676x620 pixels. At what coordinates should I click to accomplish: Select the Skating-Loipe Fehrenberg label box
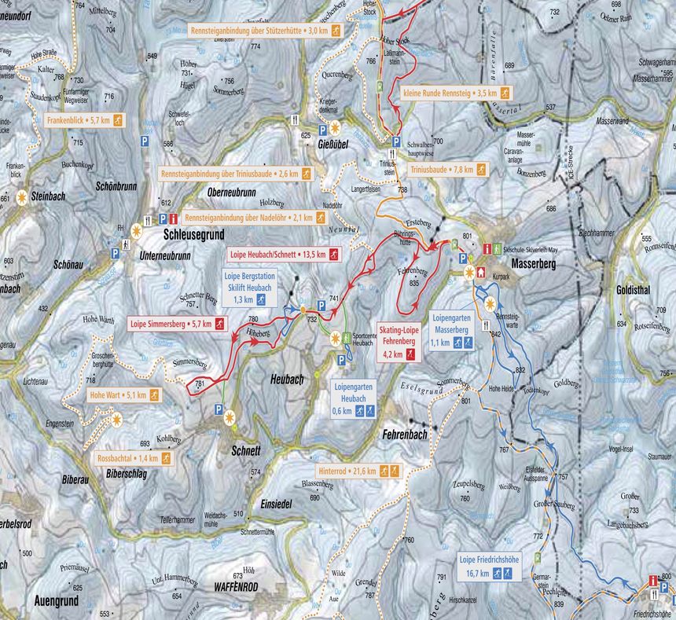tap(399, 342)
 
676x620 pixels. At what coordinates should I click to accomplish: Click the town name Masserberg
tap(533, 265)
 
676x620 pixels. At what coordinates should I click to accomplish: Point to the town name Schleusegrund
tap(194, 234)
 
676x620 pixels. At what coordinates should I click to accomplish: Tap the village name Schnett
tap(246, 451)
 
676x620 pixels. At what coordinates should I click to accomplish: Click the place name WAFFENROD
tap(236, 586)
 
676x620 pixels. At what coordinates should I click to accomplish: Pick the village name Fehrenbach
tap(406, 434)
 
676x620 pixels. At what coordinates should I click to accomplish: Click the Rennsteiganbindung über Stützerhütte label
tap(266, 30)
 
